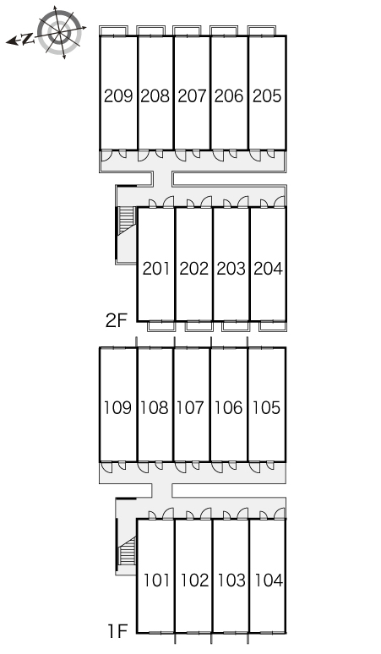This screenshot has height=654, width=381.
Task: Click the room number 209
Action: click(118, 96)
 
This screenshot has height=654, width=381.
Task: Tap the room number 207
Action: click(192, 96)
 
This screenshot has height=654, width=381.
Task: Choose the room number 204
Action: click(269, 269)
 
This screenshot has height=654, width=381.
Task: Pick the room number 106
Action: click(229, 407)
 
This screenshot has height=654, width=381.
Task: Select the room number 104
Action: click(269, 580)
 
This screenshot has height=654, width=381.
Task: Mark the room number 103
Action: click(231, 580)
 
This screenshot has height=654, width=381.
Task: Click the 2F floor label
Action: click(116, 321)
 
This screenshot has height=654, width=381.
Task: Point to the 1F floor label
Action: click(117, 631)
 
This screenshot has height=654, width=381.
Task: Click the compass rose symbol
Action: click(59, 32)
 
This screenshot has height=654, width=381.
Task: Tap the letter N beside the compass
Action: click(27, 40)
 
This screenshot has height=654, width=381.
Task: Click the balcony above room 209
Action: click(113, 31)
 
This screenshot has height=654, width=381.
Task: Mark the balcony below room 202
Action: click(199, 326)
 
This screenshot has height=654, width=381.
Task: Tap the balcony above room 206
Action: click(224, 31)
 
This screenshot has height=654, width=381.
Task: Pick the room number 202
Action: click(193, 269)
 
